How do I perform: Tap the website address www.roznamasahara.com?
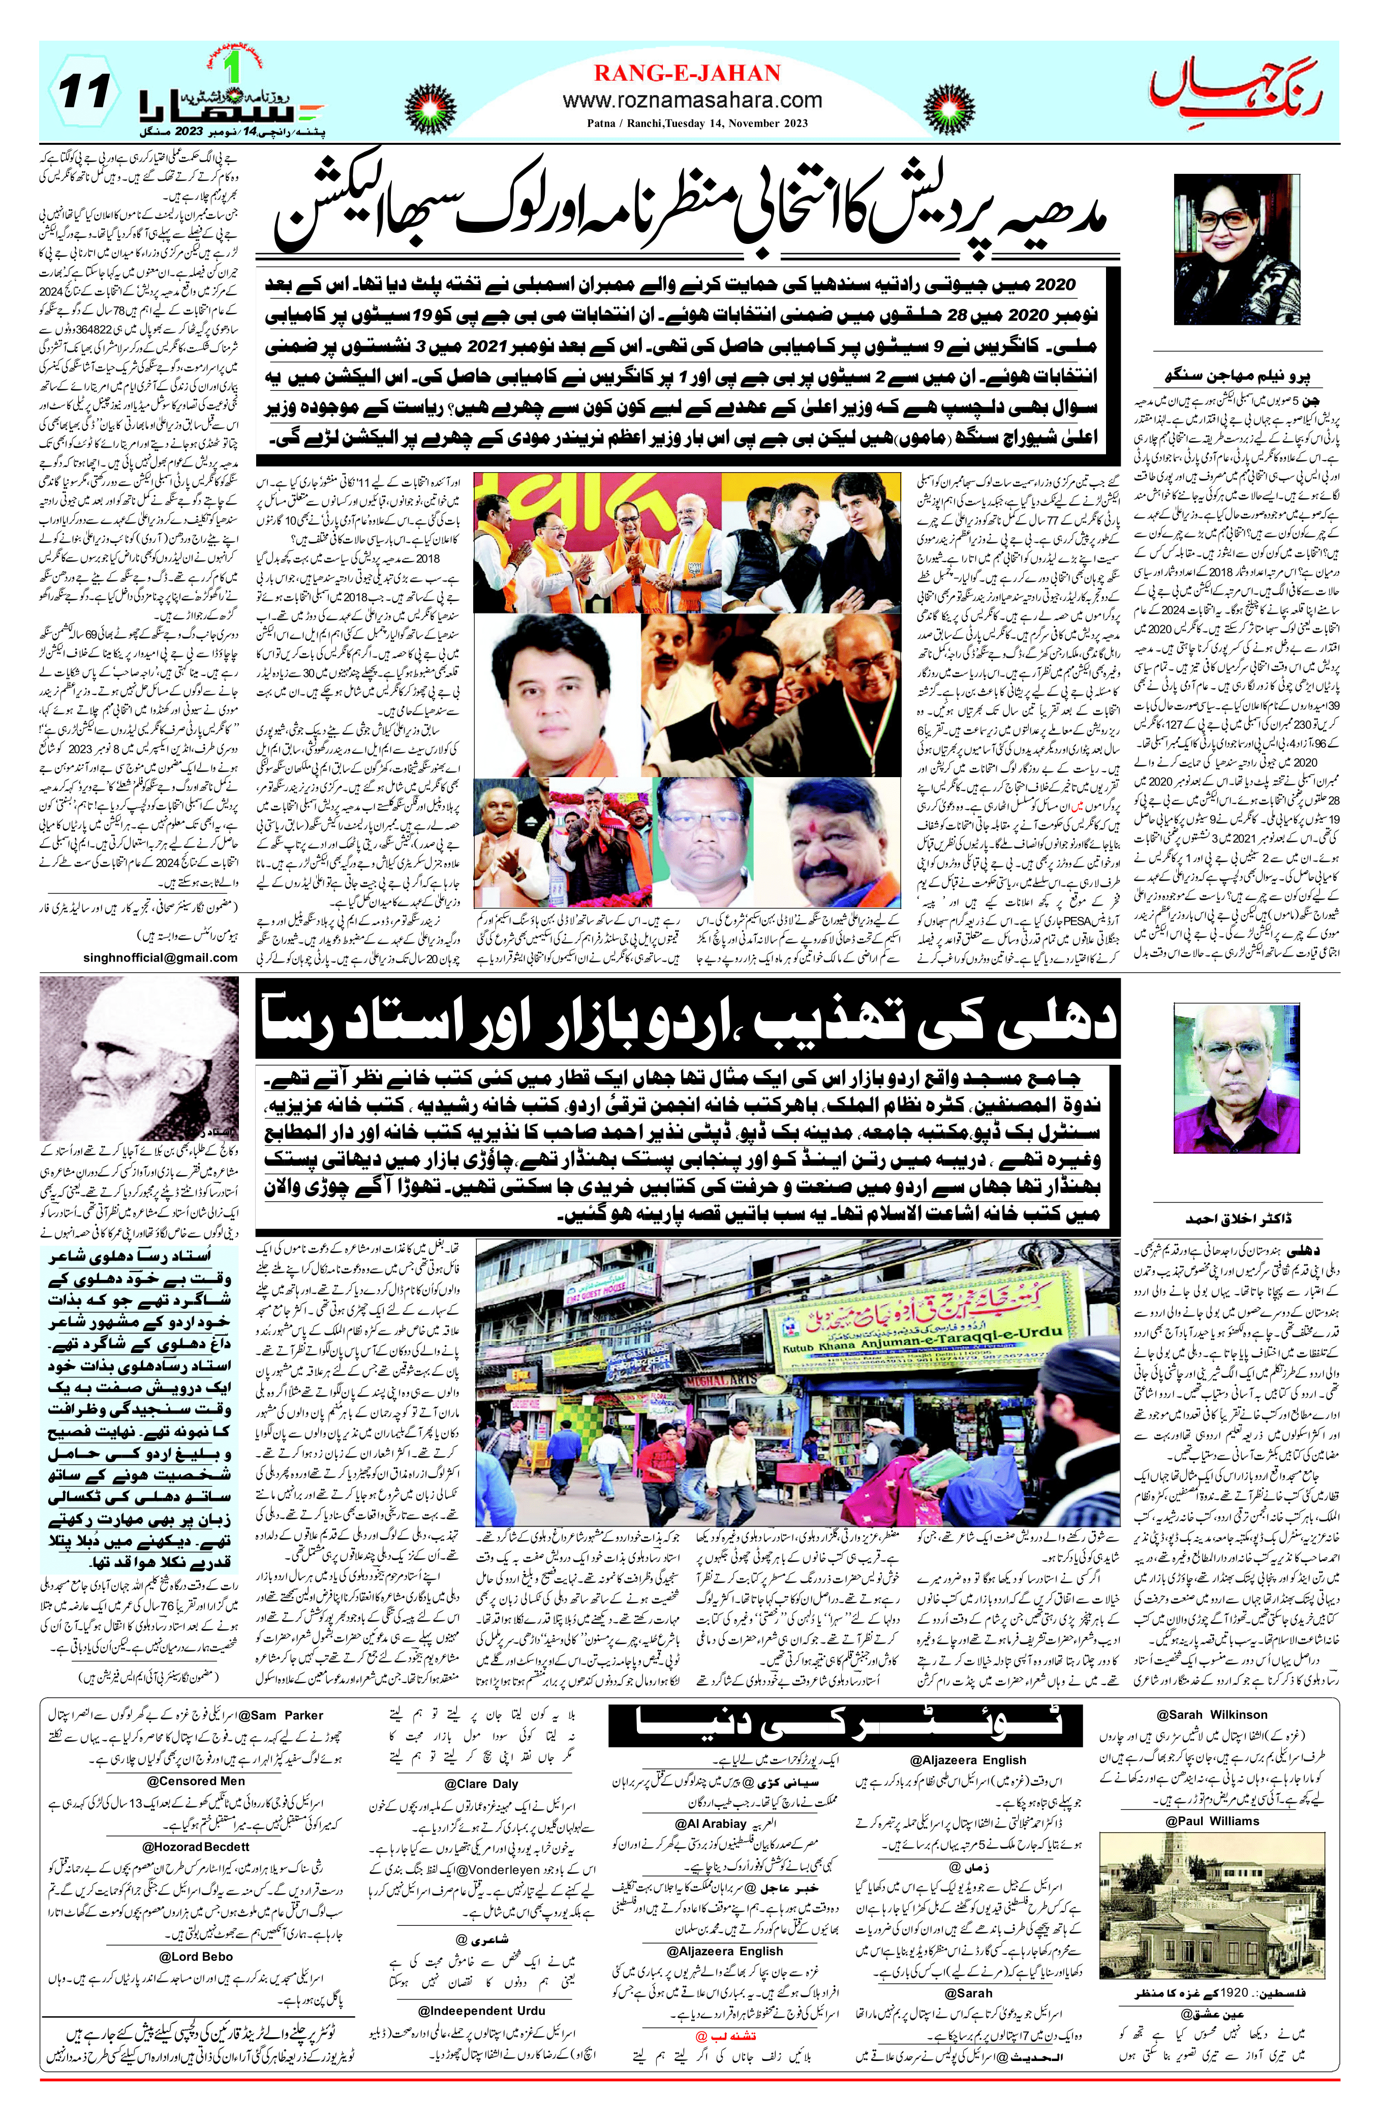point(686,101)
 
